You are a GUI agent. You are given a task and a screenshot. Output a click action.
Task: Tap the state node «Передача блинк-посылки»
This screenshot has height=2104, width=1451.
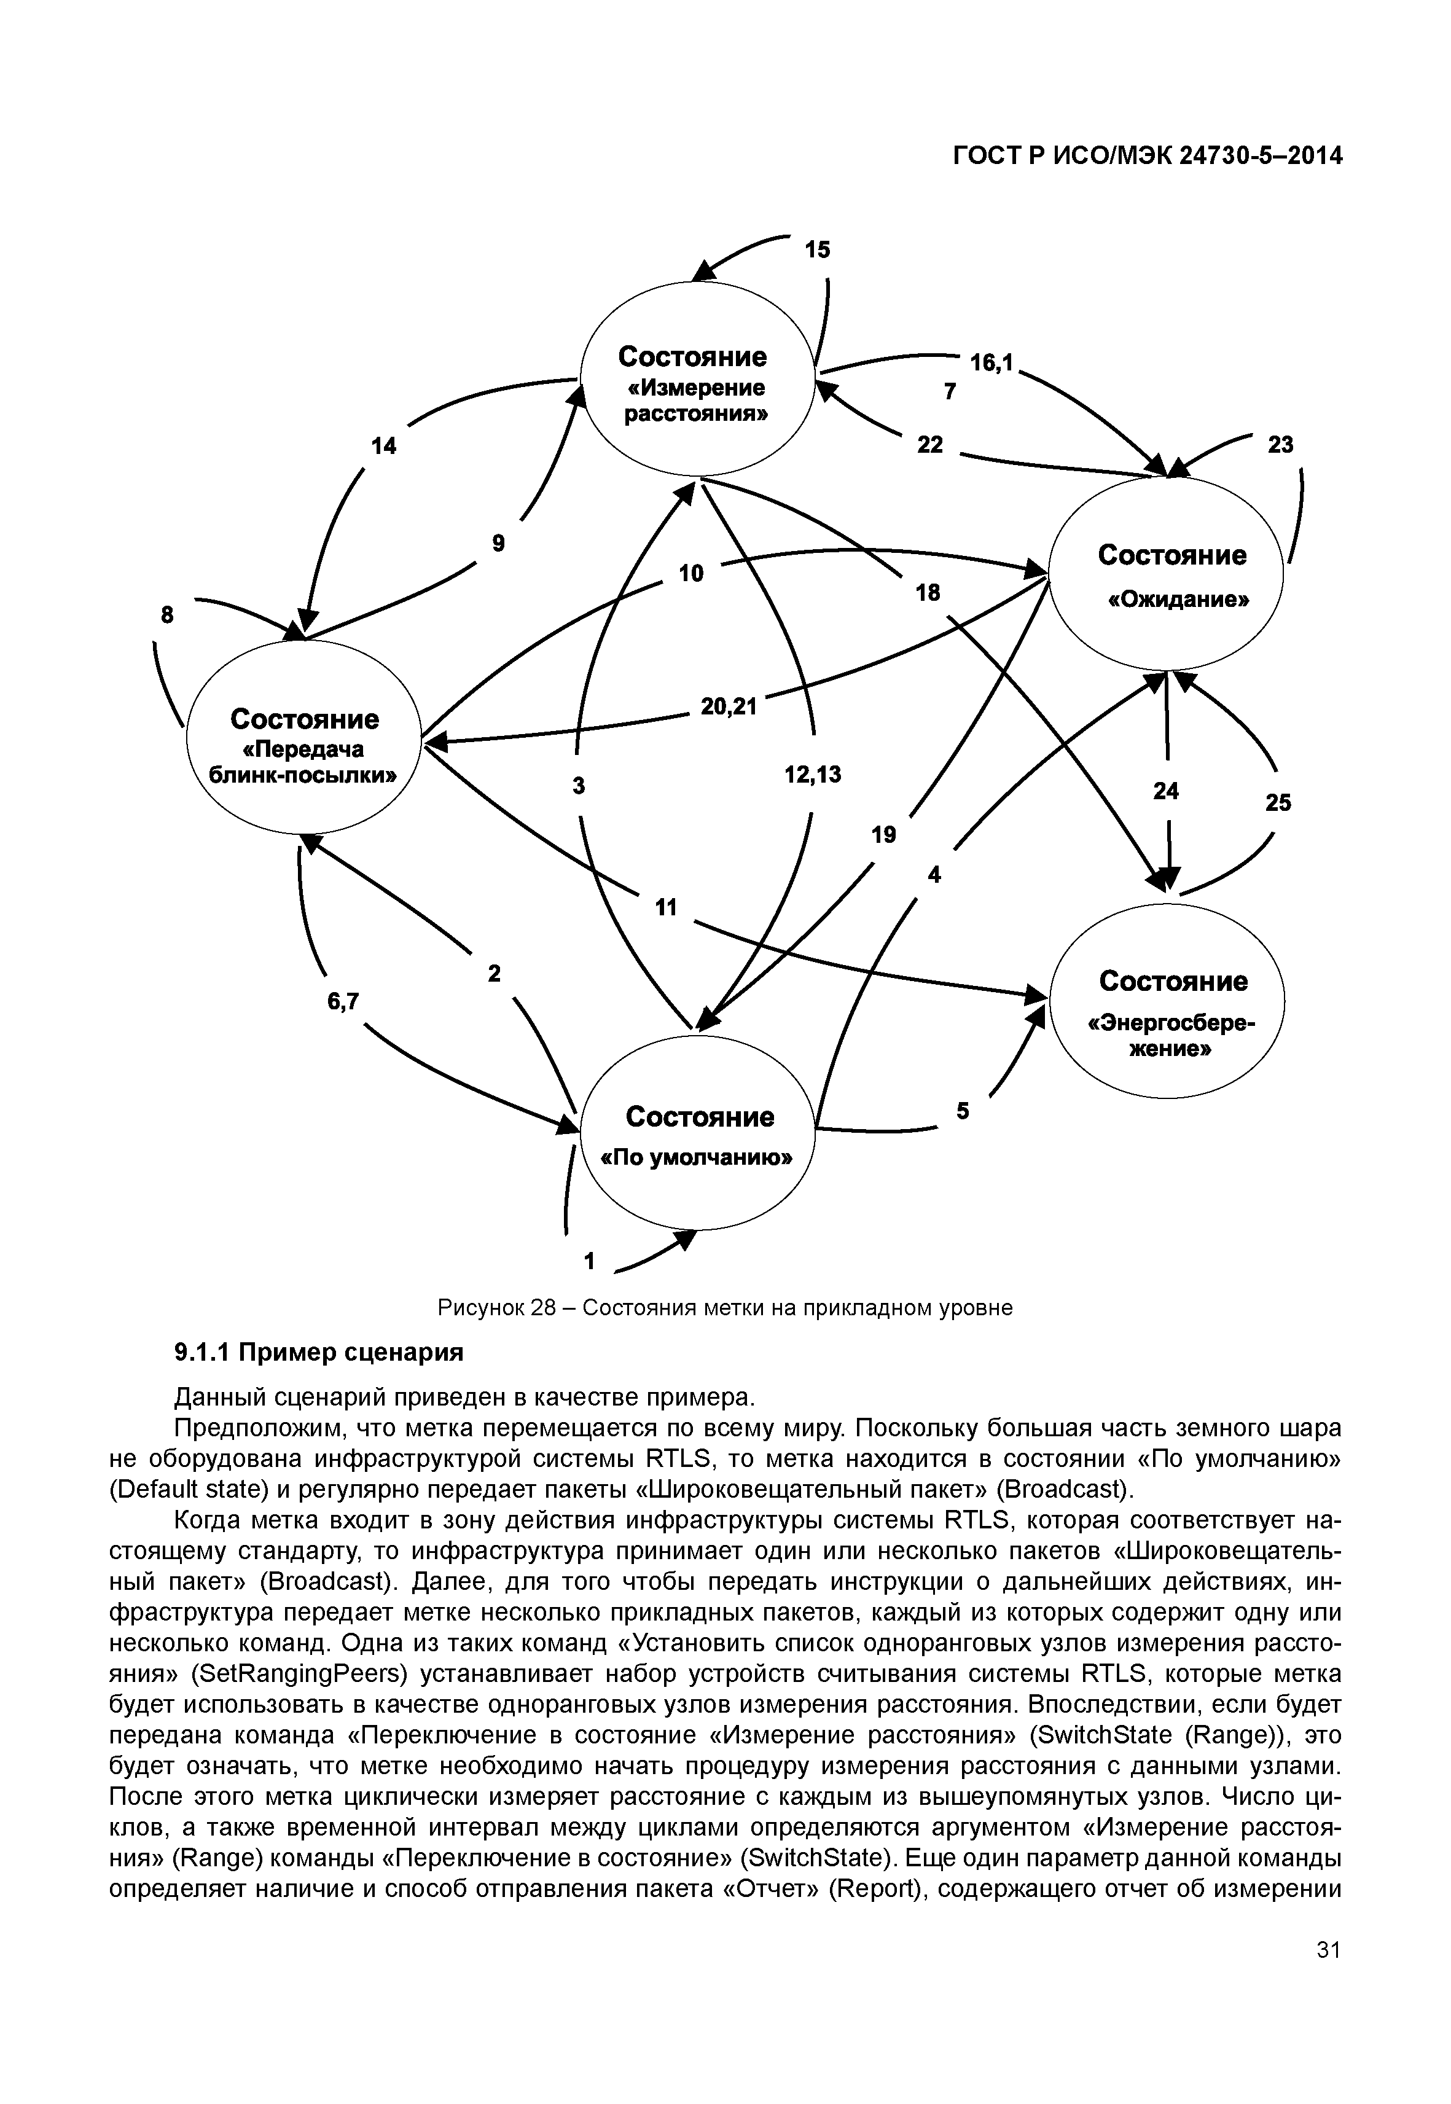click(x=305, y=737)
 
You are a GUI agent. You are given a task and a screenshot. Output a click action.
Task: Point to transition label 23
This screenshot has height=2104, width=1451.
click(x=1280, y=445)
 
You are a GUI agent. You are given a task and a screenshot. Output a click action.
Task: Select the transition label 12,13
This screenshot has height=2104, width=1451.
click(x=813, y=775)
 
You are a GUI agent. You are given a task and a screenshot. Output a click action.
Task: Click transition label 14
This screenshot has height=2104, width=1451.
click(x=384, y=445)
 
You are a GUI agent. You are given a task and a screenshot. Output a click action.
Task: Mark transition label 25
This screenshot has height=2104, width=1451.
click(x=1278, y=803)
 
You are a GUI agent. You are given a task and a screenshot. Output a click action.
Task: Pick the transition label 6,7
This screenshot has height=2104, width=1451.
click(x=343, y=1001)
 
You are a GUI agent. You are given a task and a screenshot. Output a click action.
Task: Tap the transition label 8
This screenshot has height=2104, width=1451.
click(x=167, y=615)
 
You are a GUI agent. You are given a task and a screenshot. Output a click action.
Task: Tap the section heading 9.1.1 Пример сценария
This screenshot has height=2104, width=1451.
click(x=318, y=1353)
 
